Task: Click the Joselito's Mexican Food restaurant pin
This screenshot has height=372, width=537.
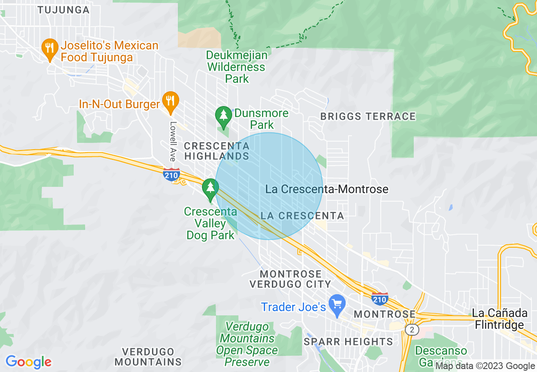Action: coord(50,49)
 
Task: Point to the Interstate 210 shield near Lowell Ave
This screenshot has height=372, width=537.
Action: coord(172,174)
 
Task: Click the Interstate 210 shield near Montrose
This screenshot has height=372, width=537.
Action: coord(380,298)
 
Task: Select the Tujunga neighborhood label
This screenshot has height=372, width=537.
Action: coord(64,10)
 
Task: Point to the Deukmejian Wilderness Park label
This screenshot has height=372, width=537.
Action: coord(237,67)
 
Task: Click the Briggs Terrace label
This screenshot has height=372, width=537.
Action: coord(368,116)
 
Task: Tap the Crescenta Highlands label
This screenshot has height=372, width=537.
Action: coord(216,151)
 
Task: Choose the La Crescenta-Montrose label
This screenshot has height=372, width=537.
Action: coord(327,189)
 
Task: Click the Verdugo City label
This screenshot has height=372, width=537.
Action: coord(290,284)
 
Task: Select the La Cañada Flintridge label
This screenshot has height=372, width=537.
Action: coord(500,319)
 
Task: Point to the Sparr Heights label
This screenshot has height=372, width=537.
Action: coord(349,341)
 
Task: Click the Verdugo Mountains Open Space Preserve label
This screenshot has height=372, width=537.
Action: coord(247,344)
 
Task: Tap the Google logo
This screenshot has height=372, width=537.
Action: coord(28,362)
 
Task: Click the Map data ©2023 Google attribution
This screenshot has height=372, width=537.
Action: coord(485,366)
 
